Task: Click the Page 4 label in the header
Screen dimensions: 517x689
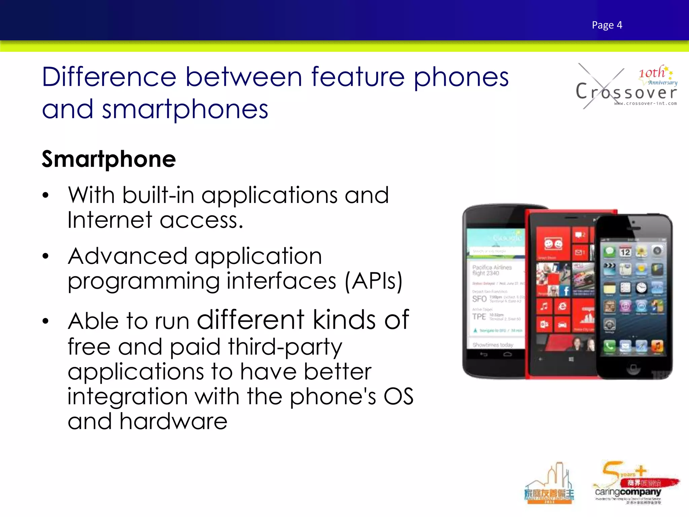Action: point(607,25)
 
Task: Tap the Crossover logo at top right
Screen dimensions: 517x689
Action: point(626,88)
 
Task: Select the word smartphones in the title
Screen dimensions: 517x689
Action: point(185,110)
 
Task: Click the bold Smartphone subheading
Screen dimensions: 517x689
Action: point(109,159)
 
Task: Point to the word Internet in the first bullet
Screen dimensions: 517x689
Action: point(110,220)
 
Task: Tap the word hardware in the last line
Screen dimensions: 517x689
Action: point(173,421)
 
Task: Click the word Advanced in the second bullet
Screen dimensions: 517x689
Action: point(128,256)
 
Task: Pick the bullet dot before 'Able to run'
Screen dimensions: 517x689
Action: point(46,321)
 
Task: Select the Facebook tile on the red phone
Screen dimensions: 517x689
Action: point(566,290)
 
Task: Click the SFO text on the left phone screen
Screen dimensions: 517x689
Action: point(479,299)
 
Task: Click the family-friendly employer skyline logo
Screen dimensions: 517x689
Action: point(549,485)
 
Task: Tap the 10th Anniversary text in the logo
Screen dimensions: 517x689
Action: point(656,75)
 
